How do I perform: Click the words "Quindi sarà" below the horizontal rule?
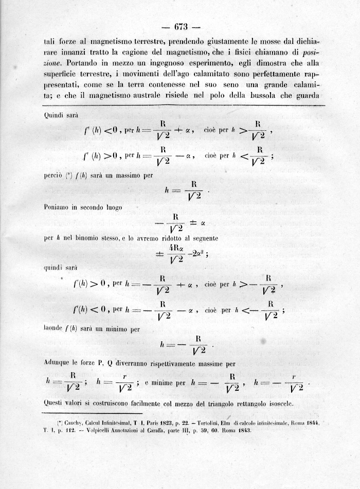pos(62,116)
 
